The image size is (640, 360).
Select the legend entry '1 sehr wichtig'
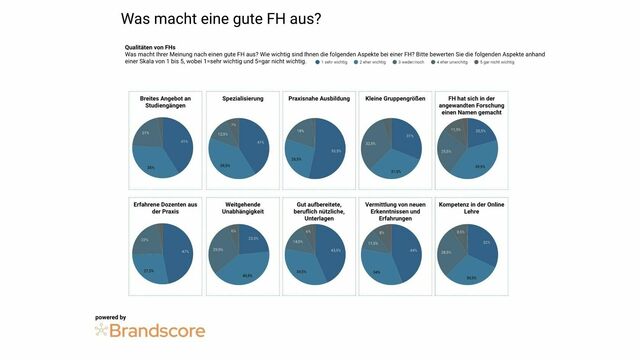(x=333, y=62)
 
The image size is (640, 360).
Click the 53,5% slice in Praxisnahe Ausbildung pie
(x=334, y=151)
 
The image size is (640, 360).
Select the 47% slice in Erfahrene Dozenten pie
(x=180, y=253)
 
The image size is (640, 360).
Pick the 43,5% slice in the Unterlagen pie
(x=334, y=251)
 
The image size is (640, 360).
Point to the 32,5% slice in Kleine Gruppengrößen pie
(x=372, y=146)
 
